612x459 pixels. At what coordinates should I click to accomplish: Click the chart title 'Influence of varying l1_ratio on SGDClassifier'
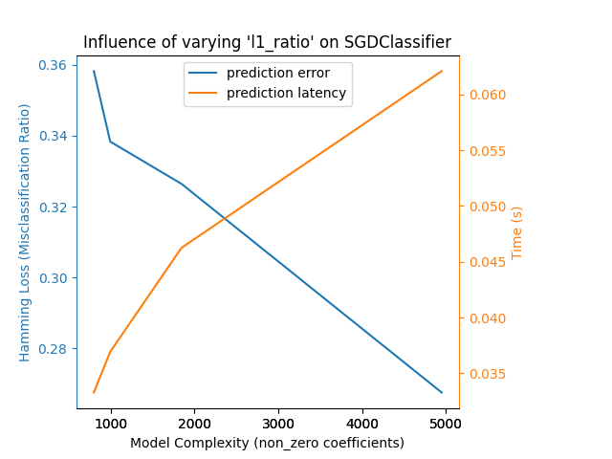tap(267, 42)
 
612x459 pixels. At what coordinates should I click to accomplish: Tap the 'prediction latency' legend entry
tap(286, 94)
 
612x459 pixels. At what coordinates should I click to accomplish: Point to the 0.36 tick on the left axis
tap(55, 65)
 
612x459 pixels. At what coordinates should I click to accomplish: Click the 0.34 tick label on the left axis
tap(55, 136)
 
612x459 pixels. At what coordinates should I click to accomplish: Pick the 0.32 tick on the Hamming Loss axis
tap(55, 208)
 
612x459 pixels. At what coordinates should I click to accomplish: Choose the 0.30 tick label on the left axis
tap(55, 278)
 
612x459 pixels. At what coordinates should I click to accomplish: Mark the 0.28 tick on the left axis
tap(55, 349)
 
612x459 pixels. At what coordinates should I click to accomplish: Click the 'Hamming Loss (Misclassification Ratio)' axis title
tap(26, 232)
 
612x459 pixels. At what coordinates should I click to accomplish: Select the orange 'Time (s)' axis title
tap(517, 232)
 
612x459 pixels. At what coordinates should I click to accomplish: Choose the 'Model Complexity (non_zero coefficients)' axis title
tap(267, 443)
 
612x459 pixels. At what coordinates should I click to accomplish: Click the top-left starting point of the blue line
tap(94, 71)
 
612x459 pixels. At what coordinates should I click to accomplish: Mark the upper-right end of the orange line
tap(442, 71)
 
